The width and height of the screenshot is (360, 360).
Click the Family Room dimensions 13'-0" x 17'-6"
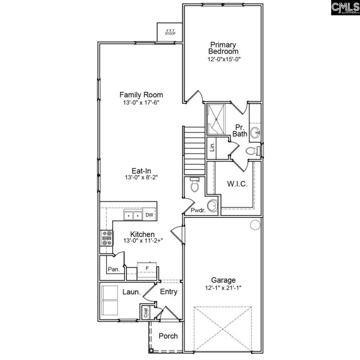(x=141, y=103)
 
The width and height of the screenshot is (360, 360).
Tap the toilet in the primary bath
(x=254, y=150)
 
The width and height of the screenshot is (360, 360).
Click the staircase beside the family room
(x=194, y=150)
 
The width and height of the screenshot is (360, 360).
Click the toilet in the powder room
(x=195, y=185)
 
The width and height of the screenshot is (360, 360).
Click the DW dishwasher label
(x=149, y=215)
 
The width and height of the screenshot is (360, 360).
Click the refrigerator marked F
(x=146, y=269)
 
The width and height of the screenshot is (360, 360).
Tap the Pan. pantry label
(x=113, y=269)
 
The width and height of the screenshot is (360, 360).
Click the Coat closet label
(x=146, y=311)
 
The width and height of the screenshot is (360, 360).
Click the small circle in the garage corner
(x=255, y=224)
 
